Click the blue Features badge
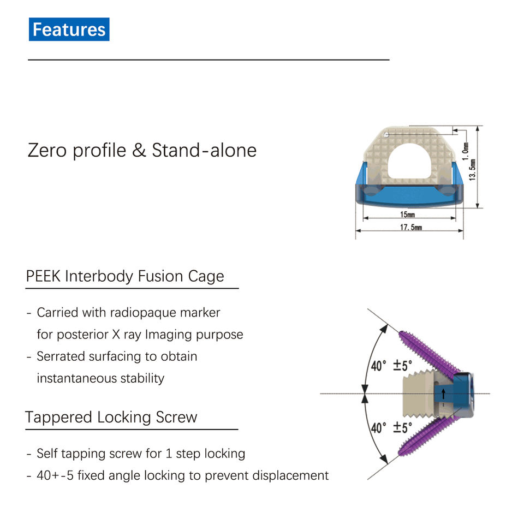69,29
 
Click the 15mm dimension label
407,215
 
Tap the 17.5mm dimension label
410,228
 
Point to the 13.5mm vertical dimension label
473,170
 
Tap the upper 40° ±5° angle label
391,366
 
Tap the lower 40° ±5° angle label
391,427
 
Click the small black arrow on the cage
443,392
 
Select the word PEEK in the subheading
43,276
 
